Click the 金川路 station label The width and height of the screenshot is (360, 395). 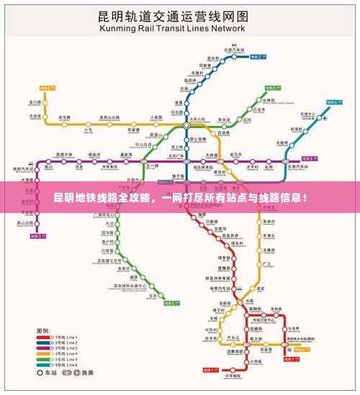point(33,102)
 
